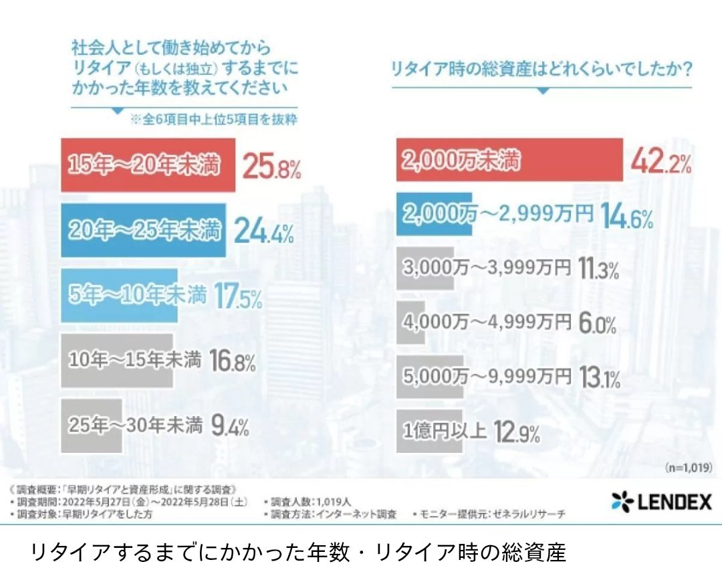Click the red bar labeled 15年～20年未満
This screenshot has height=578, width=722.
point(148,165)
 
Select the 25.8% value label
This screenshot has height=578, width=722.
point(271,166)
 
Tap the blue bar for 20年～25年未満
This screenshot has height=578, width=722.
point(143,230)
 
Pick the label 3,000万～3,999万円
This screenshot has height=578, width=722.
point(487,268)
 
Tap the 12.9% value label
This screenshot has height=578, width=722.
point(517,432)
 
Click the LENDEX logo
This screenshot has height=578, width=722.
point(661,502)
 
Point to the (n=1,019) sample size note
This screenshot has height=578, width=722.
point(689,466)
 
